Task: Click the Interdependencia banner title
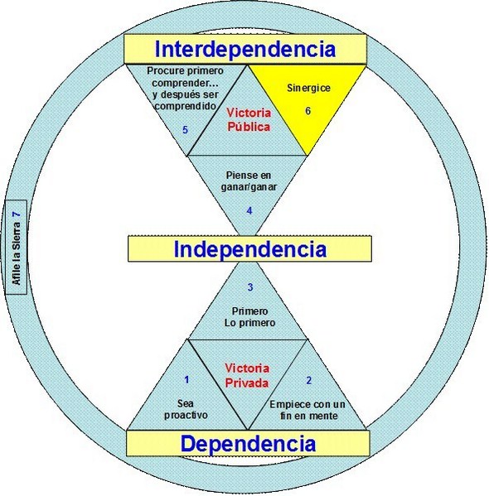coord(244,50)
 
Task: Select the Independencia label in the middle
coord(249,249)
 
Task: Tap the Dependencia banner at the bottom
coord(248,444)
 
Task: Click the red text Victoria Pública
coord(249,120)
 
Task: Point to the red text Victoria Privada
coord(247,376)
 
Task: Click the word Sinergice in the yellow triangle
coord(308,88)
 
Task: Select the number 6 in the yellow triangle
coord(307,111)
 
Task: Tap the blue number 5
coord(185,130)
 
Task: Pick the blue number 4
coord(249,210)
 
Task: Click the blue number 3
coord(250,287)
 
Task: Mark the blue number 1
coord(186,379)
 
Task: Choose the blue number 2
coord(309,380)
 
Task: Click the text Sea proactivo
coord(186,409)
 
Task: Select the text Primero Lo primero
coord(249,317)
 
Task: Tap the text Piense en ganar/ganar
coord(249,181)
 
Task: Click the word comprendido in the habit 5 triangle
coord(186,106)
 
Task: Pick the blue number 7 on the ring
coord(16,214)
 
